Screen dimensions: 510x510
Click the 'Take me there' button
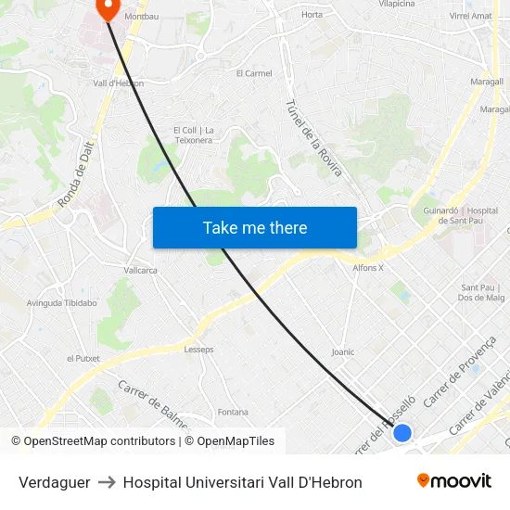point(255,227)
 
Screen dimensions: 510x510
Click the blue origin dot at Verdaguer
point(402,433)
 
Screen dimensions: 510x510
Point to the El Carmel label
point(254,73)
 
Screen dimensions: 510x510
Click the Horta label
point(312,15)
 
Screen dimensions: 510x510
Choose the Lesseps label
point(198,350)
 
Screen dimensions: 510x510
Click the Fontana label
point(232,412)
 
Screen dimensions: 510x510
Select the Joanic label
point(343,352)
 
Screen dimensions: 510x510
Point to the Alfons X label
point(368,268)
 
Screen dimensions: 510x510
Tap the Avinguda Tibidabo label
point(62,303)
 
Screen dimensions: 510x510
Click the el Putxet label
point(83,358)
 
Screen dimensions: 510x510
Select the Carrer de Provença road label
point(460,372)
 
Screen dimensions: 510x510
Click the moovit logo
point(453,481)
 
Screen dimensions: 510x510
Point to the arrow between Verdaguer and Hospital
point(107,482)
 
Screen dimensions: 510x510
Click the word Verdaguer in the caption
point(54,482)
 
